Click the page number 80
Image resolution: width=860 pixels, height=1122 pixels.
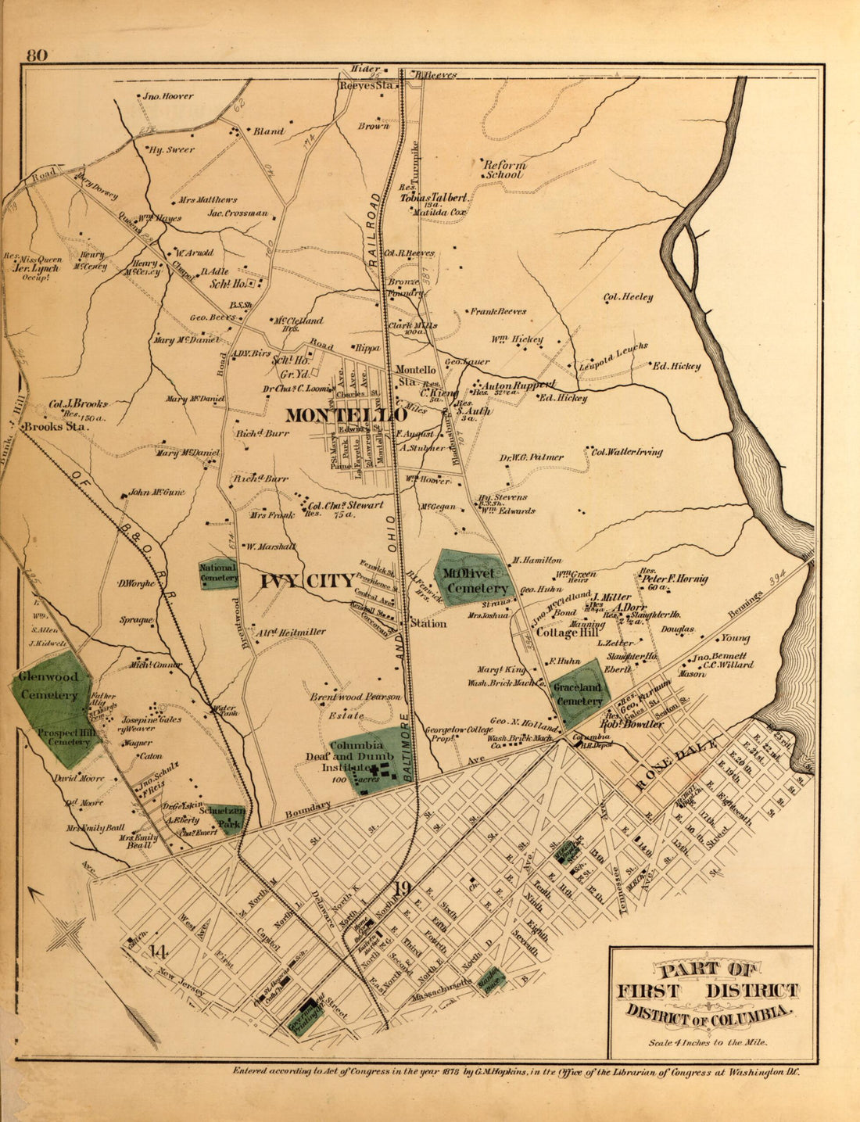click(38, 56)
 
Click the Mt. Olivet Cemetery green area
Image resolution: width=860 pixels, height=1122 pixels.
click(471, 579)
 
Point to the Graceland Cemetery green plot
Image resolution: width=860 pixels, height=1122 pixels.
click(579, 688)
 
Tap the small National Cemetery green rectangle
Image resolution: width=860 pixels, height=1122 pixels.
click(219, 573)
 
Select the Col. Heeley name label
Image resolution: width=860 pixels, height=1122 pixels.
click(628, 297)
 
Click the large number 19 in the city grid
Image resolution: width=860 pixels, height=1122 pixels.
click(402, 888)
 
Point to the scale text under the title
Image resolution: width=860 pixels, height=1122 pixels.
click(708, 1041)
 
